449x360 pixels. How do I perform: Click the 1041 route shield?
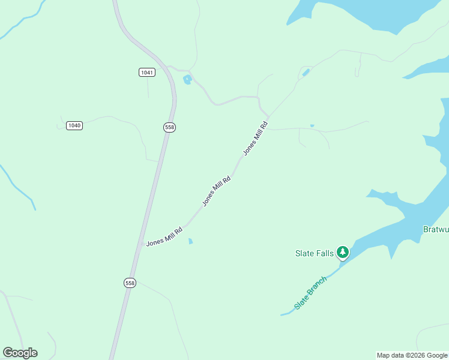[x=146, y=72]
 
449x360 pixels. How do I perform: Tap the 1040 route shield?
[x=74, y=125]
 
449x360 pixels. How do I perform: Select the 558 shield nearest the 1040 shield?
[x=169, y=127]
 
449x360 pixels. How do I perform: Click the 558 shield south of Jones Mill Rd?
[x=130, y=283]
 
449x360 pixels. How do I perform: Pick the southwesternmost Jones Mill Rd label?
[x=164, y=236]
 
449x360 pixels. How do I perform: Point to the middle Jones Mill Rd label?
[x=217, y=191]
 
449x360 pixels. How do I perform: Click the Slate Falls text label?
[x=314, y=253]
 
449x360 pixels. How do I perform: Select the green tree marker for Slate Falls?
[x=343, y=252]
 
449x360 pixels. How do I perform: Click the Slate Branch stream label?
[x=311, y=293]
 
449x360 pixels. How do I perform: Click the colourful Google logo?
[x=20, y=353]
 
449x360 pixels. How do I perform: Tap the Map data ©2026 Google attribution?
[x=412, y=355]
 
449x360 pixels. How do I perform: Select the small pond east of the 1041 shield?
[x=187, y=80]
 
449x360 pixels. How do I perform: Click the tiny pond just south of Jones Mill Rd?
[x=191, y=241]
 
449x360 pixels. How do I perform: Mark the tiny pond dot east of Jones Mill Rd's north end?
[x=312, y=125]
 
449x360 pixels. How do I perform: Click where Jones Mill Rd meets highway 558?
[x=142, y=245]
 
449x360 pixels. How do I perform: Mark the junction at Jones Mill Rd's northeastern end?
[x=268, y=117]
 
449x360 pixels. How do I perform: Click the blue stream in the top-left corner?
[x=24, y=21]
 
